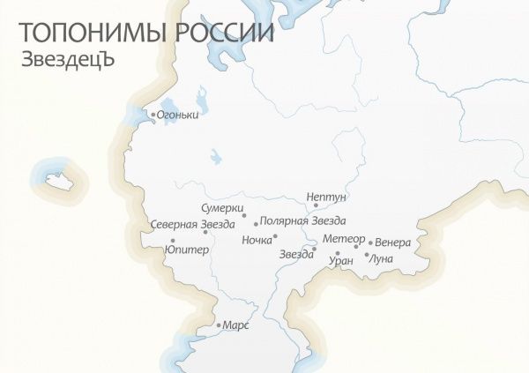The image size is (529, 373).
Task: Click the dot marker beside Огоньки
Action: pyautogui.click(x=153, y=115)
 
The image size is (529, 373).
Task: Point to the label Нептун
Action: pyautogui.click(x=326, y=196)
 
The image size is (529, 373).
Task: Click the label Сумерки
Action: pyautogui.click(x=221, y=207)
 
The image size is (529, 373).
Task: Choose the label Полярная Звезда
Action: pyautogui.click(x=303, y=220)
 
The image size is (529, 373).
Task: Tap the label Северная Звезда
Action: pyautogui.click(x=192, y=224)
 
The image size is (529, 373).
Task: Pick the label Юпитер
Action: pyautogui.click(x=187, y=250)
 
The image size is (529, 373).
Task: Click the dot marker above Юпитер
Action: pyautogui.click(x=173, y=241)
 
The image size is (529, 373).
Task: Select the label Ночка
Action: pyautogui.click(x=257, y=239)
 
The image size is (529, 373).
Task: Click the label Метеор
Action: pyautogui.click(x=343, y=240)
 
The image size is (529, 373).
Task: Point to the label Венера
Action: pyautogui.click(x=392, y=242)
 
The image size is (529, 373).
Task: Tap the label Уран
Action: pyautogui.click(x=340, y=261)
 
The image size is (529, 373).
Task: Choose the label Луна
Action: pyautogui.click(x=382, y=258)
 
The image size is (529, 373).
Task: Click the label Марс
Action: pyautogui.click(x=236, y=325)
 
